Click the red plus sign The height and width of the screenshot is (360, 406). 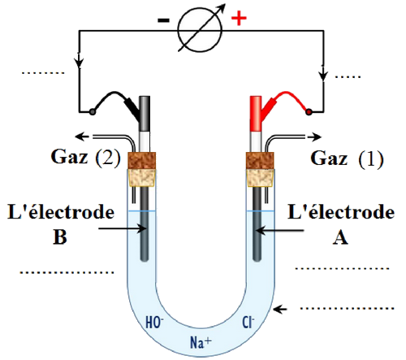point(239,19)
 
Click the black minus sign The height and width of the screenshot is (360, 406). point(163,20)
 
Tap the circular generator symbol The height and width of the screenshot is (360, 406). point(200,30)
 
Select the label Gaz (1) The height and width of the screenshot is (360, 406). point(347,158)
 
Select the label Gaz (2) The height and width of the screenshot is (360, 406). point(85,157)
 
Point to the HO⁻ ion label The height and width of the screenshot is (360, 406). point(154,323)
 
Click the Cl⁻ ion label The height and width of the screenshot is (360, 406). point(248,323)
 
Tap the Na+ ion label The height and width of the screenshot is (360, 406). point(201,342)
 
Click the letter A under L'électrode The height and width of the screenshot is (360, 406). point(340,238)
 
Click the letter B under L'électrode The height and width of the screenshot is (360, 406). point(60,237)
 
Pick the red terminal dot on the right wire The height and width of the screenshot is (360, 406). point(309,111)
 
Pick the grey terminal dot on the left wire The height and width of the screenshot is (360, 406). point(93,111)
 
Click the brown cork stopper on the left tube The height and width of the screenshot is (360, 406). point(142,161)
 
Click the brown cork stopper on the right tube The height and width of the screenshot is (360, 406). point(260,161)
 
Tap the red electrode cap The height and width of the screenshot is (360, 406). point(256,114)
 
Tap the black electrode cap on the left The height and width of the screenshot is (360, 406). point(145,114)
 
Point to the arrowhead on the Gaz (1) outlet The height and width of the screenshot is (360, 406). point(316,137)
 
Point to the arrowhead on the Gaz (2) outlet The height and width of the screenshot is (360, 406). point(81,137)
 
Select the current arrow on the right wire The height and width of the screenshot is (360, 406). point(323,73)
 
